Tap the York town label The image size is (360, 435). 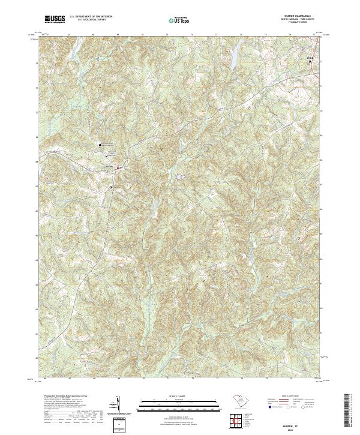(310, 58)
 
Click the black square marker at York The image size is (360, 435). (310, 61)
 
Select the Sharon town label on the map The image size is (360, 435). (109, 166)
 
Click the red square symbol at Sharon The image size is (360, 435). (118, 168)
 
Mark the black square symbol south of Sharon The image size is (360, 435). (110, 187)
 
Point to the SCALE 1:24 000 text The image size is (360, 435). (179, 395)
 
